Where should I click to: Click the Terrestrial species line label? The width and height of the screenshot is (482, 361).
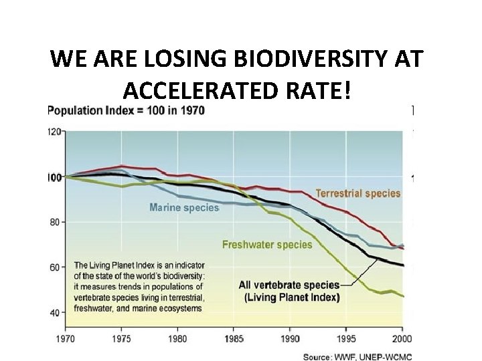358,193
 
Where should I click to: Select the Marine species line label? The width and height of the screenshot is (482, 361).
184,207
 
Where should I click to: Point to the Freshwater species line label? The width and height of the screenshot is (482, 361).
267,244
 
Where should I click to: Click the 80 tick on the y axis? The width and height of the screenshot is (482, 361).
57,222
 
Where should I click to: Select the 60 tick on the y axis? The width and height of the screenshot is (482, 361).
57,267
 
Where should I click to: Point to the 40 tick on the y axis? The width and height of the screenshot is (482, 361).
57,312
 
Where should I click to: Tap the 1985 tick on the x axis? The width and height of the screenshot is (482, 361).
234,338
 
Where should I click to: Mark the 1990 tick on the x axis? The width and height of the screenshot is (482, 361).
290,338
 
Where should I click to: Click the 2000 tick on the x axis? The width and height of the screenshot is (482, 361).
402,338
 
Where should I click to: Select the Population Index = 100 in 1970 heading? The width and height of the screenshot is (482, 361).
127,110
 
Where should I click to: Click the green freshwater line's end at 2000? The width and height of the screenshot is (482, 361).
403,295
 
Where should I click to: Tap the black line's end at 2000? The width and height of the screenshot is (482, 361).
403,265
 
